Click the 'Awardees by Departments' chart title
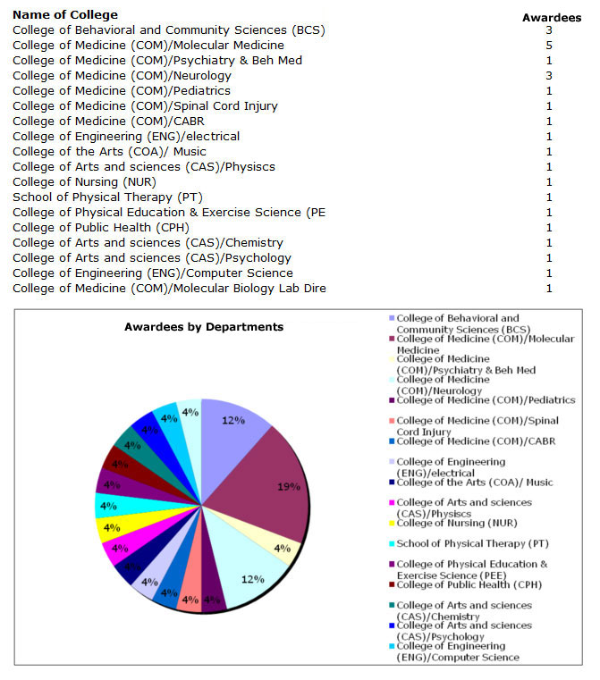203,327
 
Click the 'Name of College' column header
65,15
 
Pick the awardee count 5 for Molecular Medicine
549,45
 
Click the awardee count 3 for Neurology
549,75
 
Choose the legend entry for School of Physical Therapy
473,544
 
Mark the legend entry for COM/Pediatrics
486,400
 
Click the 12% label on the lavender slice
233,421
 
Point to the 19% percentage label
286,488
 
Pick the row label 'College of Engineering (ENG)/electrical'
126,136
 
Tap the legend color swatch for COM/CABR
391,441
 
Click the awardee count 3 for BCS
549,29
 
